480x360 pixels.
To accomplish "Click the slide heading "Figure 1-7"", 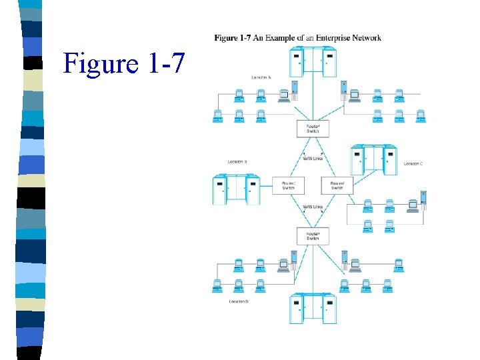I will (122, 63).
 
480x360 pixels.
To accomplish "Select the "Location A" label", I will (261, 77).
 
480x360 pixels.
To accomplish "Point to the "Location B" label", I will (237, 162).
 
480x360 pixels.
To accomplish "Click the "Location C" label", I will (413, 163).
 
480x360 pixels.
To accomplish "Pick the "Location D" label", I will (238, 302).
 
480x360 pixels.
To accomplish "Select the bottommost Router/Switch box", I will (313, 236).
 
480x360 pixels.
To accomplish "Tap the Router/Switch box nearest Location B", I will (288, 185).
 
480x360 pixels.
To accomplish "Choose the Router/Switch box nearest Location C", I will (337, 185).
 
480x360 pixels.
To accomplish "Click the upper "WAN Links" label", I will (313, 159).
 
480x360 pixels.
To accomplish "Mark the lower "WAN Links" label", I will (313, 207).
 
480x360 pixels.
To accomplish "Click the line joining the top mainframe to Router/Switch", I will (313, 99).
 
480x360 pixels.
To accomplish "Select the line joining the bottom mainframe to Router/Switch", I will (313, 270).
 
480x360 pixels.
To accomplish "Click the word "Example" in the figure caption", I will (283, 38).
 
